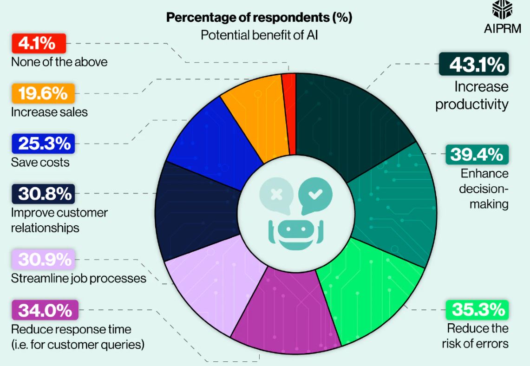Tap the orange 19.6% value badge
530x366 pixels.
click(x=43, y=94)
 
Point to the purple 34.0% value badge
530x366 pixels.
click(x=45, y=310)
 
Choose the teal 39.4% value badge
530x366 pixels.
click(x=477, y=155)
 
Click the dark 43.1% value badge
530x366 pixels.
click(x=474, y=64)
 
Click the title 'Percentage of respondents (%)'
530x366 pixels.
click(x=259, y=18)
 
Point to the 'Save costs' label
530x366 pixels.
click(x=40, y=162)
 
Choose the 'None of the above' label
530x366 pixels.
click(x=59, y=61)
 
